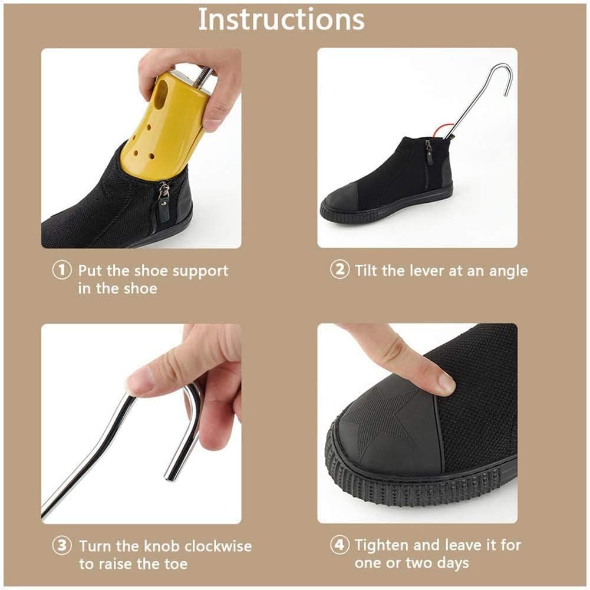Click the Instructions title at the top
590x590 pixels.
click(282, 19)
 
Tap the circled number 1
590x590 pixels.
click(62, 270)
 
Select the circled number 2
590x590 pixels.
click(340, 269)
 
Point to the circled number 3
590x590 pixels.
click(62, 545)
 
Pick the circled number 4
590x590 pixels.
click(340, 545)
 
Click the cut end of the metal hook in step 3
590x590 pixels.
click(169, 476)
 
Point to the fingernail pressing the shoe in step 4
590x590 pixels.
click(447, 383)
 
